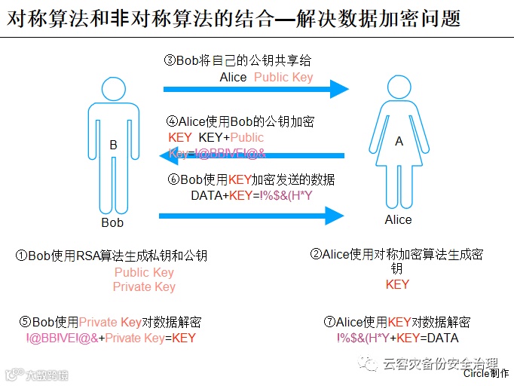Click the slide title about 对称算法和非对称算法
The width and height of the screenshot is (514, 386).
tap(234, 17)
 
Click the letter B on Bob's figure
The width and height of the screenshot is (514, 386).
tap(113, 146)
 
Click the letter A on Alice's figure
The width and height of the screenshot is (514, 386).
tap(399, 141)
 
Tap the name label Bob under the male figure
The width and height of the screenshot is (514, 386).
tap(112, 222)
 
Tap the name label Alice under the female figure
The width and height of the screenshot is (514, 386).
tap(398, 219)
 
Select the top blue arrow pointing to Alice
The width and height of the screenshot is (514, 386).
tap(256, 90)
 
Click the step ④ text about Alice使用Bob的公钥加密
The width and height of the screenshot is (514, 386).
tap(240, 121)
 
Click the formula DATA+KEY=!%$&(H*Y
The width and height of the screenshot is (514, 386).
tap(252, 195)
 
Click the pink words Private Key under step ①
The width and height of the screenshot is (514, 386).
tap(144, 286)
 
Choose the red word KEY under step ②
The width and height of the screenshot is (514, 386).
tap(397, 284)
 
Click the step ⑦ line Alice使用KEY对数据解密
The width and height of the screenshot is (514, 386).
tap(396, 322)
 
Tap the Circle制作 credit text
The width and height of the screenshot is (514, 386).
tap(485, 372)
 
